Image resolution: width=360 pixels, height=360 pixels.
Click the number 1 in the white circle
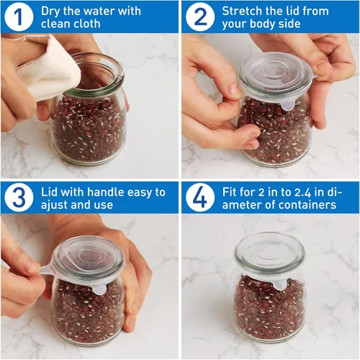click(x=19, y=17)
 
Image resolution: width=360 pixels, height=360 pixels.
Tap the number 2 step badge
click(x=200, y=17)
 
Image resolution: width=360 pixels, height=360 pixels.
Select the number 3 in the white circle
click(x=19, y=197)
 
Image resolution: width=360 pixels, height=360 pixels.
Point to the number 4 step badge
click(x=200, y=197)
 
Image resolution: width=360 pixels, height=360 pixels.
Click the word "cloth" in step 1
click(x=86, y=24)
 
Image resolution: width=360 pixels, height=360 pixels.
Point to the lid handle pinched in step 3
click(x=48, y=270)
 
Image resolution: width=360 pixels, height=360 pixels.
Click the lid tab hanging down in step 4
click(x=279, y=284)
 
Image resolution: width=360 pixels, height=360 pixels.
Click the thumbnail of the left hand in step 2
click(x=233, y=89)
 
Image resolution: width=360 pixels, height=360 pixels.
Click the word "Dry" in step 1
click(x=50, y=12)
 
